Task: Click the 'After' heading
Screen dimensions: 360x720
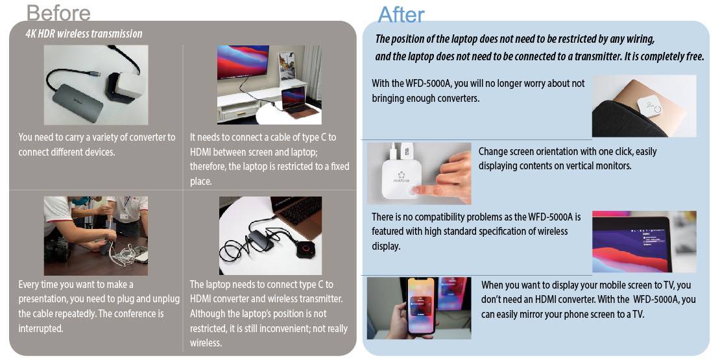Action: tap(401, 14)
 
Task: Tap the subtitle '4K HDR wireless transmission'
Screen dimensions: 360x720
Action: tap(84, 34)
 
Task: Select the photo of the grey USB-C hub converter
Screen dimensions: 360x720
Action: tap(95, 84)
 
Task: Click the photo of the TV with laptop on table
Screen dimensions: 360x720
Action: tap(269, 84)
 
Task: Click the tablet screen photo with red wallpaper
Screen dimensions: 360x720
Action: tap(643, 241)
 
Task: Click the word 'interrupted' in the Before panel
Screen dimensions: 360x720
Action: tap(41, 329)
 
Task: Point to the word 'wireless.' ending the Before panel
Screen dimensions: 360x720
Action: tap(206, 343)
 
